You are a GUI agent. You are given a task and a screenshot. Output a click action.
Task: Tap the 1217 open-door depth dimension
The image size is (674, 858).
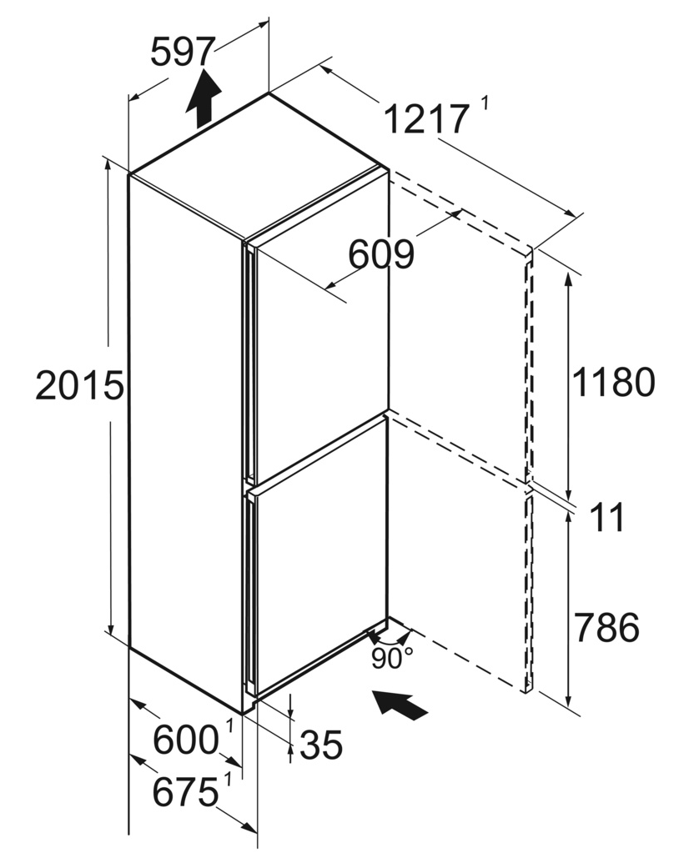426,119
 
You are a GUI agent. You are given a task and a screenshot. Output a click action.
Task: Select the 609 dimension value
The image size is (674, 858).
381,254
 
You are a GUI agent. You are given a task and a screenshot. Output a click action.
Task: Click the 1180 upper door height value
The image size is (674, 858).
613,382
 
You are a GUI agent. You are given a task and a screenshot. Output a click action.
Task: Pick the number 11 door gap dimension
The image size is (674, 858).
607,517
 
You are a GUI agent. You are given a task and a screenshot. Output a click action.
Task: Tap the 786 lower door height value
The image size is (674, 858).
606,627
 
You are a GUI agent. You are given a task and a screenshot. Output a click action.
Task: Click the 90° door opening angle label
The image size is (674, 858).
392,658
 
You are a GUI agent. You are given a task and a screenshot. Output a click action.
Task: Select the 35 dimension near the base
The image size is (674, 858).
321,745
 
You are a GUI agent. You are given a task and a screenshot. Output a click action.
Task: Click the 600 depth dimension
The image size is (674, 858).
185,740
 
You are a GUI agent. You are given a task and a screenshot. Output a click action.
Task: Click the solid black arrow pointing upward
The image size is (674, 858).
204,97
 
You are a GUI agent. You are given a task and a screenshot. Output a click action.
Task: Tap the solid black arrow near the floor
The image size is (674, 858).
399,705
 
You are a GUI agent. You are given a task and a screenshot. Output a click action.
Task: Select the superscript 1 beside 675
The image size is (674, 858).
228,779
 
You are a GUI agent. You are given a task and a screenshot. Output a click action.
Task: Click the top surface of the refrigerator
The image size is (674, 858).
258,165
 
